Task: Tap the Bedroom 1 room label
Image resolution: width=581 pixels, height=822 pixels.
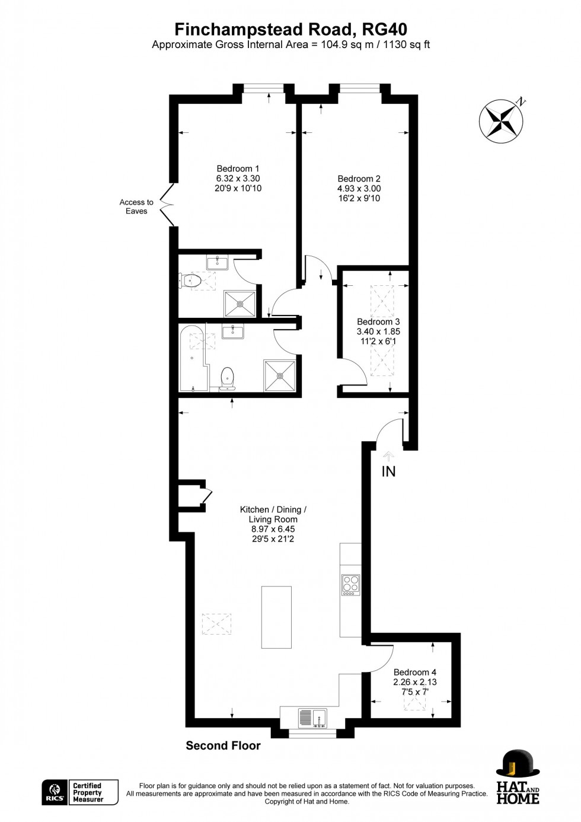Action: click(x=238, y=169)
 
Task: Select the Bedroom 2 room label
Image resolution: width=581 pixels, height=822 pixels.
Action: click(x=359, y=179)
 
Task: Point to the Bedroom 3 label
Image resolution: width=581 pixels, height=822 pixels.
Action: click(x=378, y=322)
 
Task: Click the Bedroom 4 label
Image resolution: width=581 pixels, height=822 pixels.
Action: click(x=415, y=672)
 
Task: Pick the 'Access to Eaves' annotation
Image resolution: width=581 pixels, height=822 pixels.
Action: click(x=136, y=206)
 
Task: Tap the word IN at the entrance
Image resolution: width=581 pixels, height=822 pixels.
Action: click(x=388, y=471)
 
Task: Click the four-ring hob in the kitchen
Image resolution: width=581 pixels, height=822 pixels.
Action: click(x=350, y=585)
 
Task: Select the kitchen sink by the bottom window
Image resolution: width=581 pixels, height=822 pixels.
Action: click(x=312, y=718)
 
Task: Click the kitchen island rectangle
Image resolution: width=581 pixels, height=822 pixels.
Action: click(x=276, y=617)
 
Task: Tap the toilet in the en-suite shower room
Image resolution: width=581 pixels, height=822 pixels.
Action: click(x=191, y=280)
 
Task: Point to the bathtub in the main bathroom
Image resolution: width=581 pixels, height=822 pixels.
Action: click(x=193, y=358)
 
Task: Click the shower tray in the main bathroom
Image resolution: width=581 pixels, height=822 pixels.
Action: click(x=280, y=375)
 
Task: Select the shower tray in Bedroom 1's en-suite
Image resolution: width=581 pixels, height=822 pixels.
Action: click(x=240, y=304)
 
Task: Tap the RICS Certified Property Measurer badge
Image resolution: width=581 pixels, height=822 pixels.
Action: click(x=80, y=792)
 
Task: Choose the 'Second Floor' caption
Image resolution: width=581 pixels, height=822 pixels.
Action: click(x=223, y=745)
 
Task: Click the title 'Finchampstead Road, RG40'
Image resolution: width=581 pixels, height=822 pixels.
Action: click(x=290, y=29)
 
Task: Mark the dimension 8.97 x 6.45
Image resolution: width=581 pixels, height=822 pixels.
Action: click(x=273, y=529)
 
